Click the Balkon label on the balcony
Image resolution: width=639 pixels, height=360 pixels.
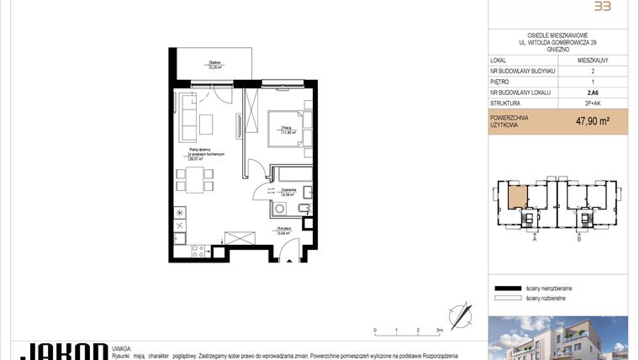[216, 64]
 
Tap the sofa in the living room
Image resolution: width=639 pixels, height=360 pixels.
[186, 118]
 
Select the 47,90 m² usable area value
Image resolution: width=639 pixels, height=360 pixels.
[593, 121]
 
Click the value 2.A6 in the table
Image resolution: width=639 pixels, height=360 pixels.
[593, 93]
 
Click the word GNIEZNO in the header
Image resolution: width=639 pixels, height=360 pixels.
[557, 50]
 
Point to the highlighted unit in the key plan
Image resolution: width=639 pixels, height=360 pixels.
[518, 199]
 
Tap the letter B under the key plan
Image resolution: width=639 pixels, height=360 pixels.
[579, 239]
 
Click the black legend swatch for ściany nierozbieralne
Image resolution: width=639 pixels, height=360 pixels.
[508, 288]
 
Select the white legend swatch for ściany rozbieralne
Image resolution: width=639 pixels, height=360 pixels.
[508, 298]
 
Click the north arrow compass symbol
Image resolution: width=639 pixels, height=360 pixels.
[461, 315]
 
